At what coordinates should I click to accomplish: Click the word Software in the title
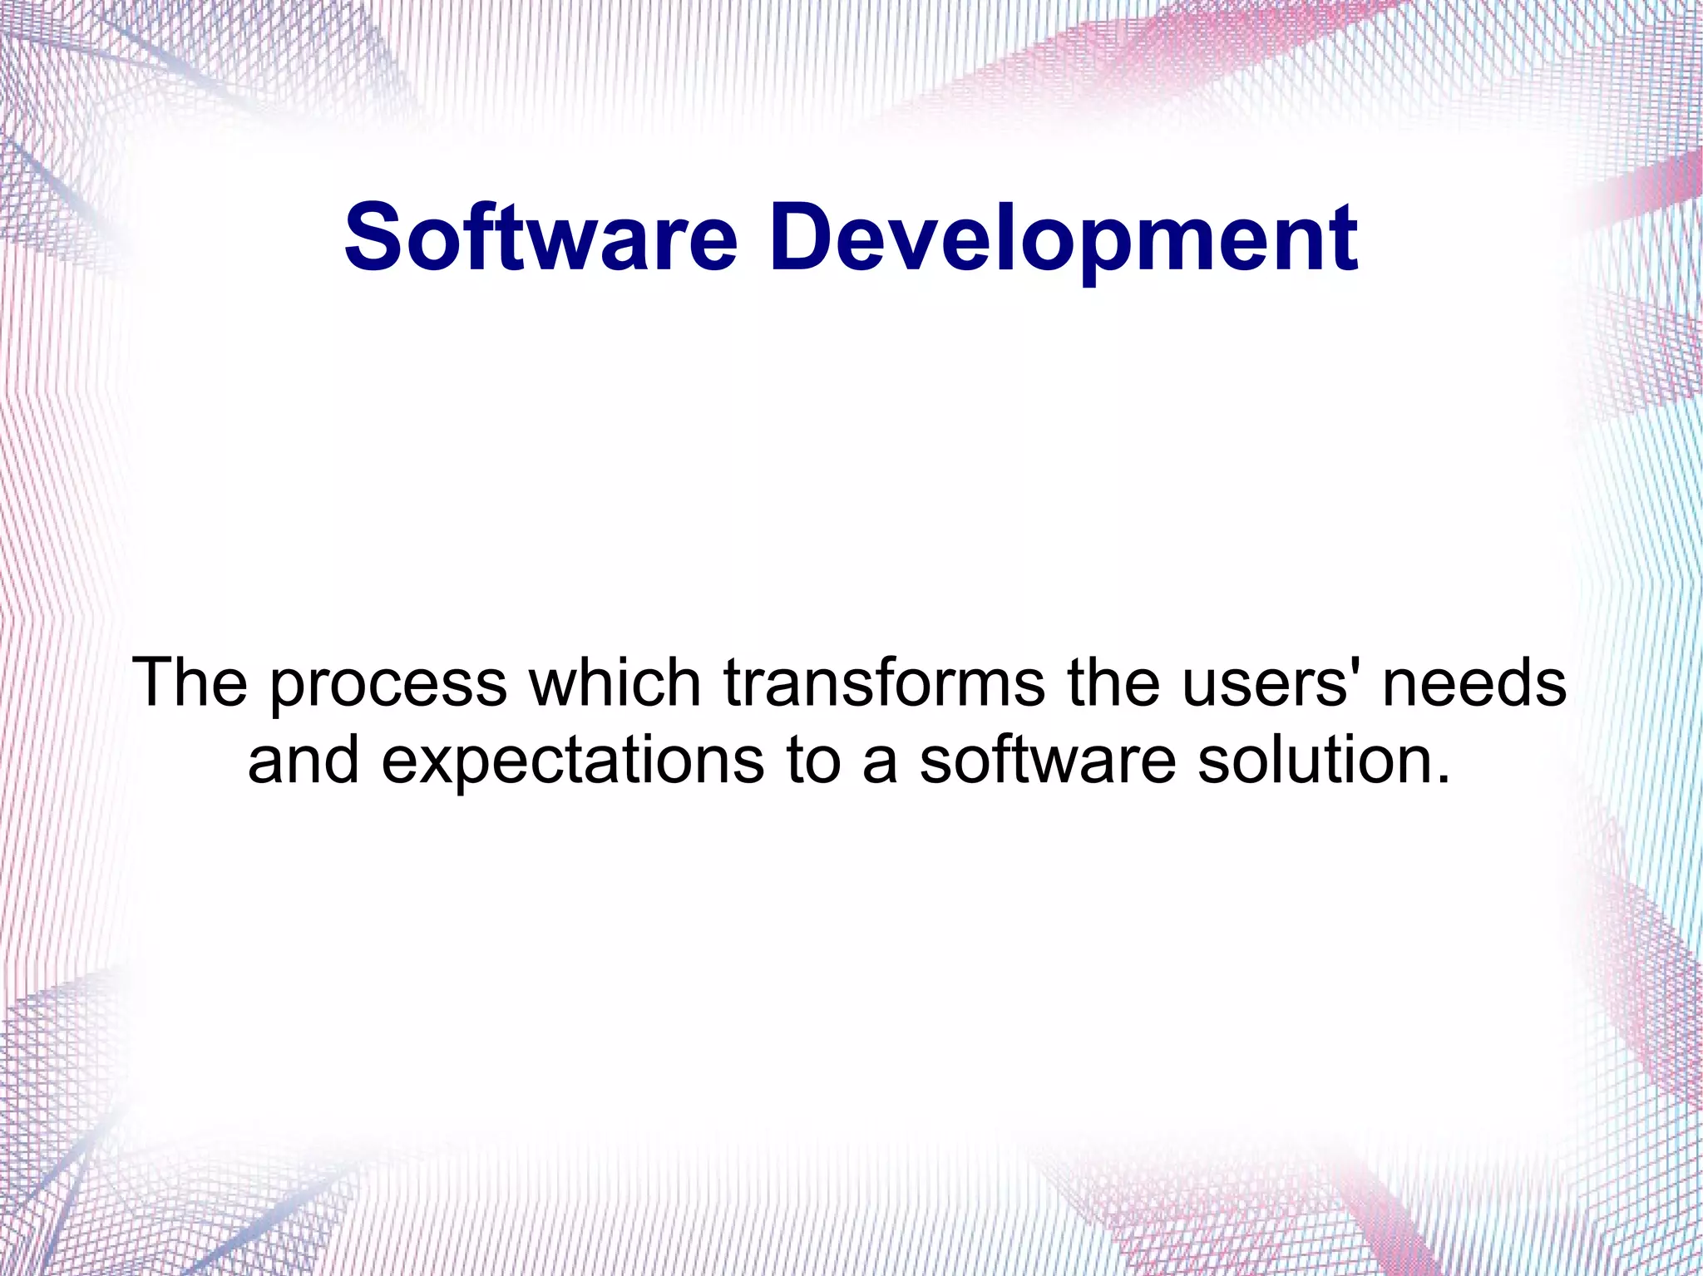coord(541,238)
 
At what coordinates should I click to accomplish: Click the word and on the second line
coord(304,760)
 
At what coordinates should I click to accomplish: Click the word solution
coord(1310,760)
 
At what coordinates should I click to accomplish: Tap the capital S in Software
coord(373,238)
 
